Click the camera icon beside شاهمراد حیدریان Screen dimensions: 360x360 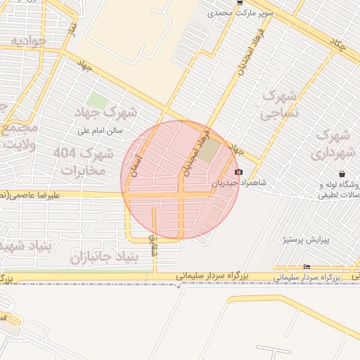coord(238,172)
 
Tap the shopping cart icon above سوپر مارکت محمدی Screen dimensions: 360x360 coord(240,3)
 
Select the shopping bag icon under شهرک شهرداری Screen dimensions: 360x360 coord(341,173)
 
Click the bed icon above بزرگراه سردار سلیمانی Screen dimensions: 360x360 coord(305,266)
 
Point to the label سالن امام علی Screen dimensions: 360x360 coord(103,130)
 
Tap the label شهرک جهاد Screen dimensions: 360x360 coord(110,112)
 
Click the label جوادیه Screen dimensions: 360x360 coord(28,41)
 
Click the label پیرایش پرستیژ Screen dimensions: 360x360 coord(306,240)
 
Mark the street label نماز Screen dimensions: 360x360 coord(71,27)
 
